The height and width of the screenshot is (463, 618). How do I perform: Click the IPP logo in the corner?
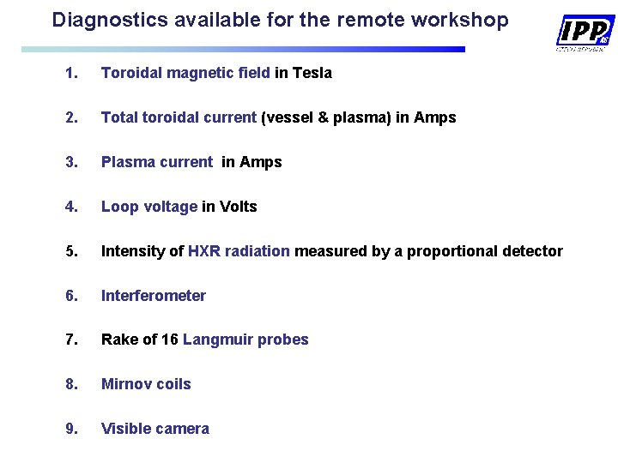point(585,33)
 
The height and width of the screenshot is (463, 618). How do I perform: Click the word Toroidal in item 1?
point(131,73)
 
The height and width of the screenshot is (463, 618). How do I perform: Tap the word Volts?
point(239,207)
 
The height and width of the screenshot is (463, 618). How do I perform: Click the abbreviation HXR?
point(204,251)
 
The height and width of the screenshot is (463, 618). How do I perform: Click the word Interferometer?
point(154,296)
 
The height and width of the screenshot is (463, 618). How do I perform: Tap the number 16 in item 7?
point(170,340)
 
